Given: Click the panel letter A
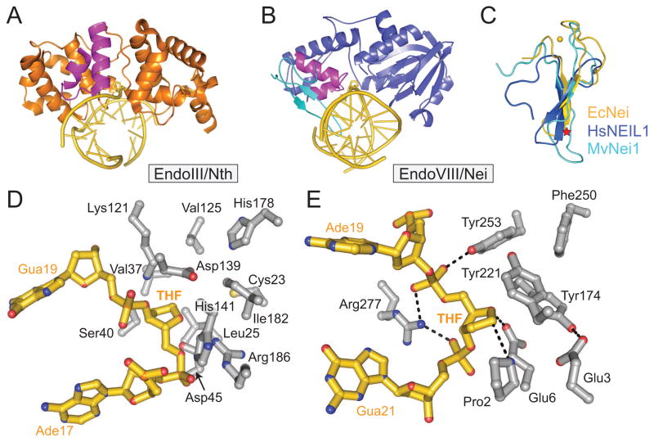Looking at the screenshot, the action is pyautogui.click(x=16, y=17).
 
